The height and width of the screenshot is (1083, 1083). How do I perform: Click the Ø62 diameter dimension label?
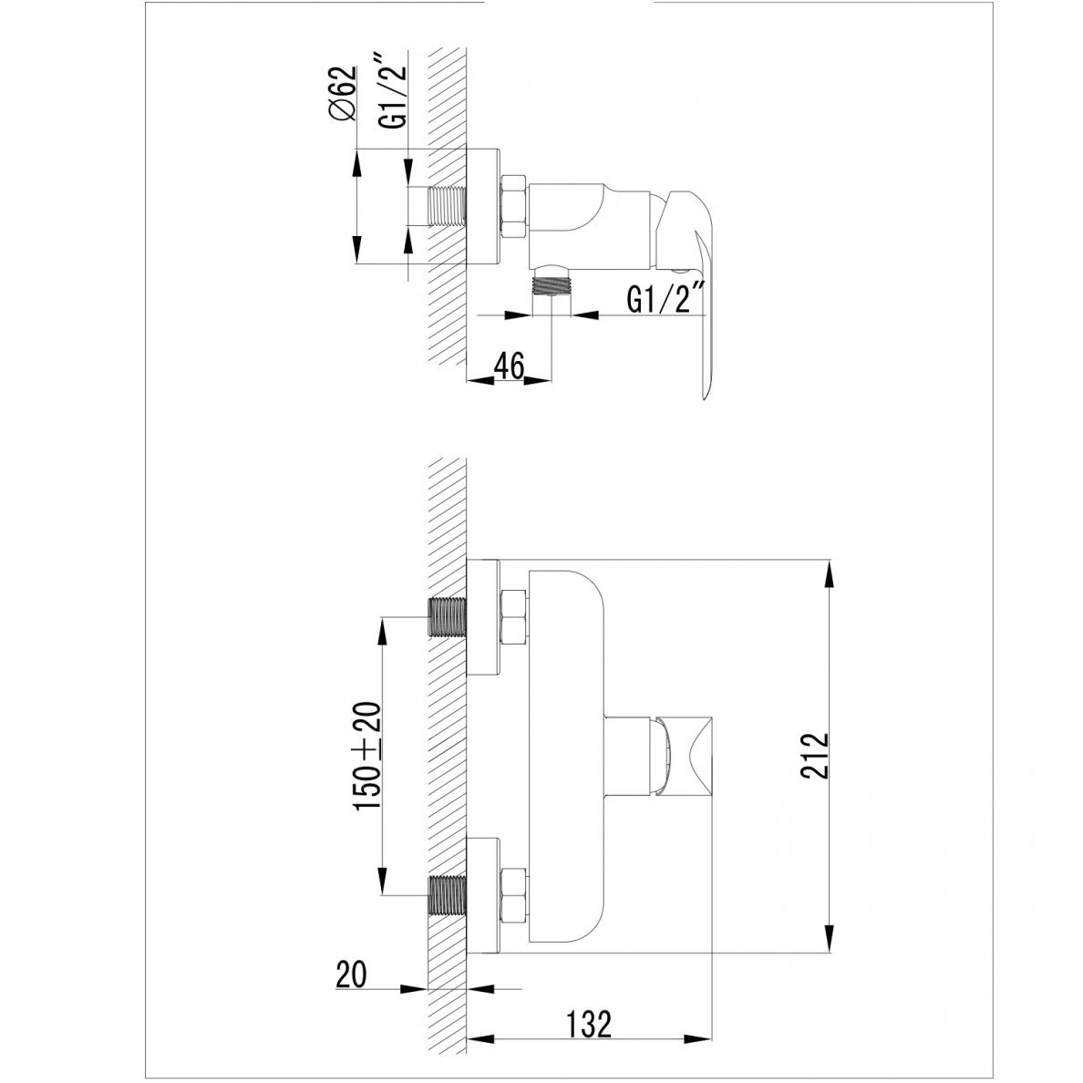coord(344,94)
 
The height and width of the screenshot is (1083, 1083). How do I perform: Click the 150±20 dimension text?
coord(367,757)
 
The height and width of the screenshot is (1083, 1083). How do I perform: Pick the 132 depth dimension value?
coord(589,1025)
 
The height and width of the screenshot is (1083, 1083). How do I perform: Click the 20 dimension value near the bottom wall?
coord(352,975)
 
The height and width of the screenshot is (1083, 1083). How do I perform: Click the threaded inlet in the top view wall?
coord(448,206)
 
